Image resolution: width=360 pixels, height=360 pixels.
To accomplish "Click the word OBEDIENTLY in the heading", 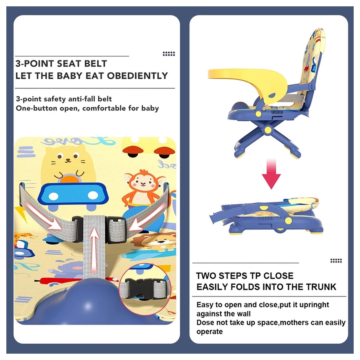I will pos(137,76).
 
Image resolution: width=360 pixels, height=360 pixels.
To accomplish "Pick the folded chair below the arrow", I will pos(267,217).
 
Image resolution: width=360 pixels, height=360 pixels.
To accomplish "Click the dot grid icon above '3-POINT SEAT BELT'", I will pos(169,54).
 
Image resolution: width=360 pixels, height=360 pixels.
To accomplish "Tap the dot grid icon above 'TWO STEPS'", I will pos(336,261).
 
